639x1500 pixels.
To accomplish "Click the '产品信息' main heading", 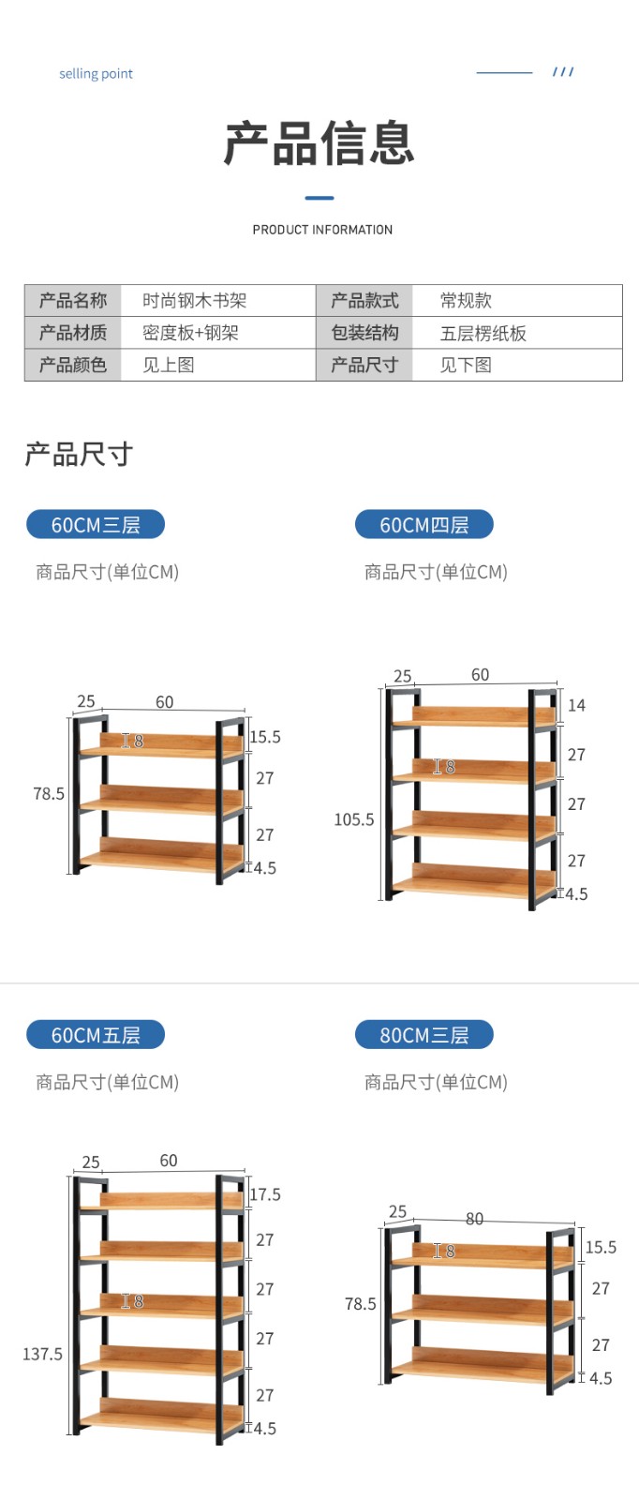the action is pyautogui.click(x=319, y=143).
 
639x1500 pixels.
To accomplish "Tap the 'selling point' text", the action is pyautogui.click(x=96, y=74).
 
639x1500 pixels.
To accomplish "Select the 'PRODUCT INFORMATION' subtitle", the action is pyautogui.click(x=322, y=230).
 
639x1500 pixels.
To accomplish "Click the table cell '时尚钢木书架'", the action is pyautogui.click(x=195, y=301).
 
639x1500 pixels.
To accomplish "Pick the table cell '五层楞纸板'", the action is pyautogui.click(x=483, y=333).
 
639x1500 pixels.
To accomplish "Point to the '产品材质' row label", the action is pyautogui.click(x=73, y=333).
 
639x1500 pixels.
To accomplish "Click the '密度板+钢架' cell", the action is pyautogui.click(x=190, y=333).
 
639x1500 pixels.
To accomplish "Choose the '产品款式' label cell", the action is pyautogui.click(x=364, y=301).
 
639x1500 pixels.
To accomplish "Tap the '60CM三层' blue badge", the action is pyautogui.click(x=96, y=525).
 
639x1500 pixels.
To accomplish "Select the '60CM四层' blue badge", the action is pyautogui.click(x=424, y=525).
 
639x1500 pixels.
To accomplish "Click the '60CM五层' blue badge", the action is pyautogui.click(x=96, y=1035).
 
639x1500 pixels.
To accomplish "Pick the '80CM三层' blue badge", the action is pyautogui.click(x=424, y=1035).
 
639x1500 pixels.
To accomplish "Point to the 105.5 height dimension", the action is pyautogui.click(x=354, y=819).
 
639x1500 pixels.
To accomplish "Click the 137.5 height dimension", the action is pyautogui.click(x=43, y=1354).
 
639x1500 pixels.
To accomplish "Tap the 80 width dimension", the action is pyautogui.click(x=475, y=1219).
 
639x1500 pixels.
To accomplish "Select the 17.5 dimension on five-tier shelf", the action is pyautogui.click(x=265, y=1194).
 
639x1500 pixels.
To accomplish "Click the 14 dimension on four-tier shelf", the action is pyautogui.click(x=576, y=705).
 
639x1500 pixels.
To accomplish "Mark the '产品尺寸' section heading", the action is pyautogui.click(x=79, y=455).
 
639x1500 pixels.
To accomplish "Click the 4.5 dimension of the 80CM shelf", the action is pyautogui.click(x=601, y=1378).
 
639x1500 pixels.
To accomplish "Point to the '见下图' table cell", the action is pyautogui.click(x=466, y=365).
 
